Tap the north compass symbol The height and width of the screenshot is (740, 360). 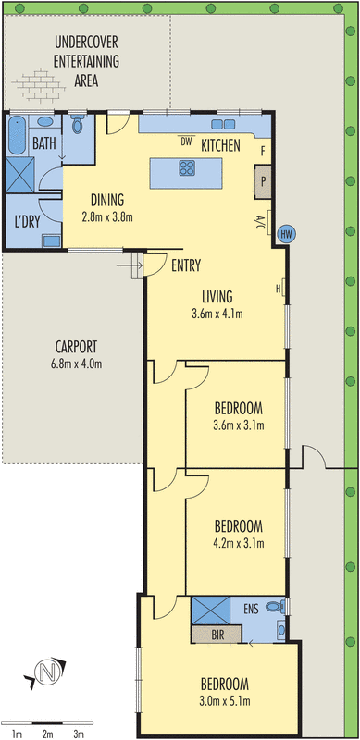pyautogui.click(x=46, y=672)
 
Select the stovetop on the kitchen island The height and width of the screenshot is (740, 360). pyautogui.click(x=186, y=168)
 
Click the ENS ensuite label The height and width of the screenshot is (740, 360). pyautogui.click(x=251, y=610)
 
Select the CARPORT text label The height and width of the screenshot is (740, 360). pyautogui.click(x=76, y=347)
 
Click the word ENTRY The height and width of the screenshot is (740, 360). pyautogui.click(x=186, y=265)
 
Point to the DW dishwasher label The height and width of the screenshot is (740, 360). pyautogui.click(x=186, y=142)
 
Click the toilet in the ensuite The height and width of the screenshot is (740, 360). pyautogui.click(x=273, y=607)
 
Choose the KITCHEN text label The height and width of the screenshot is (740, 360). pyautogui.click(x=221, y=145)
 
